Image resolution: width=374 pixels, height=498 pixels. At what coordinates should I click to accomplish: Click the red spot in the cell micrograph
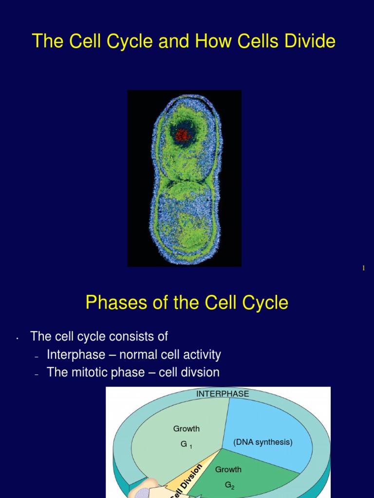pos(183,134)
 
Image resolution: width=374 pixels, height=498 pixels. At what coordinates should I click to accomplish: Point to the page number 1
pos(363,268)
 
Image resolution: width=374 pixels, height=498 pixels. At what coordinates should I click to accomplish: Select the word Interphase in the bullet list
pos(76,355)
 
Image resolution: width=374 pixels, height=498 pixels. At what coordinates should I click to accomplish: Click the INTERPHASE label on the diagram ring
pos(223,394)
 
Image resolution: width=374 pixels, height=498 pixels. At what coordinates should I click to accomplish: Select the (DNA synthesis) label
pos(262,443)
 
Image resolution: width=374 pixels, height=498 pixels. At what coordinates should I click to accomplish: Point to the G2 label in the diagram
pos(229,485)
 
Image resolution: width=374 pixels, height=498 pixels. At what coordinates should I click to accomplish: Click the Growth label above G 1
pos(187,429)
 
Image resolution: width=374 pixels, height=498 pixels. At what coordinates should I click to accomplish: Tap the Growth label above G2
pos(228,470)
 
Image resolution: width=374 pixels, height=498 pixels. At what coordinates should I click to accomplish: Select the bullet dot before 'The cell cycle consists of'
pos(17,338)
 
